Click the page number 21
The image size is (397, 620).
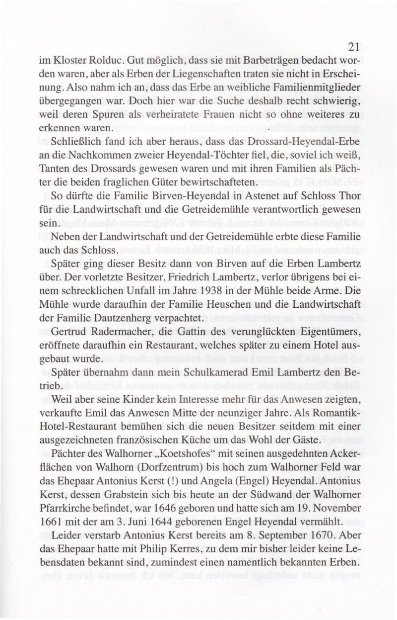[353, 47]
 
